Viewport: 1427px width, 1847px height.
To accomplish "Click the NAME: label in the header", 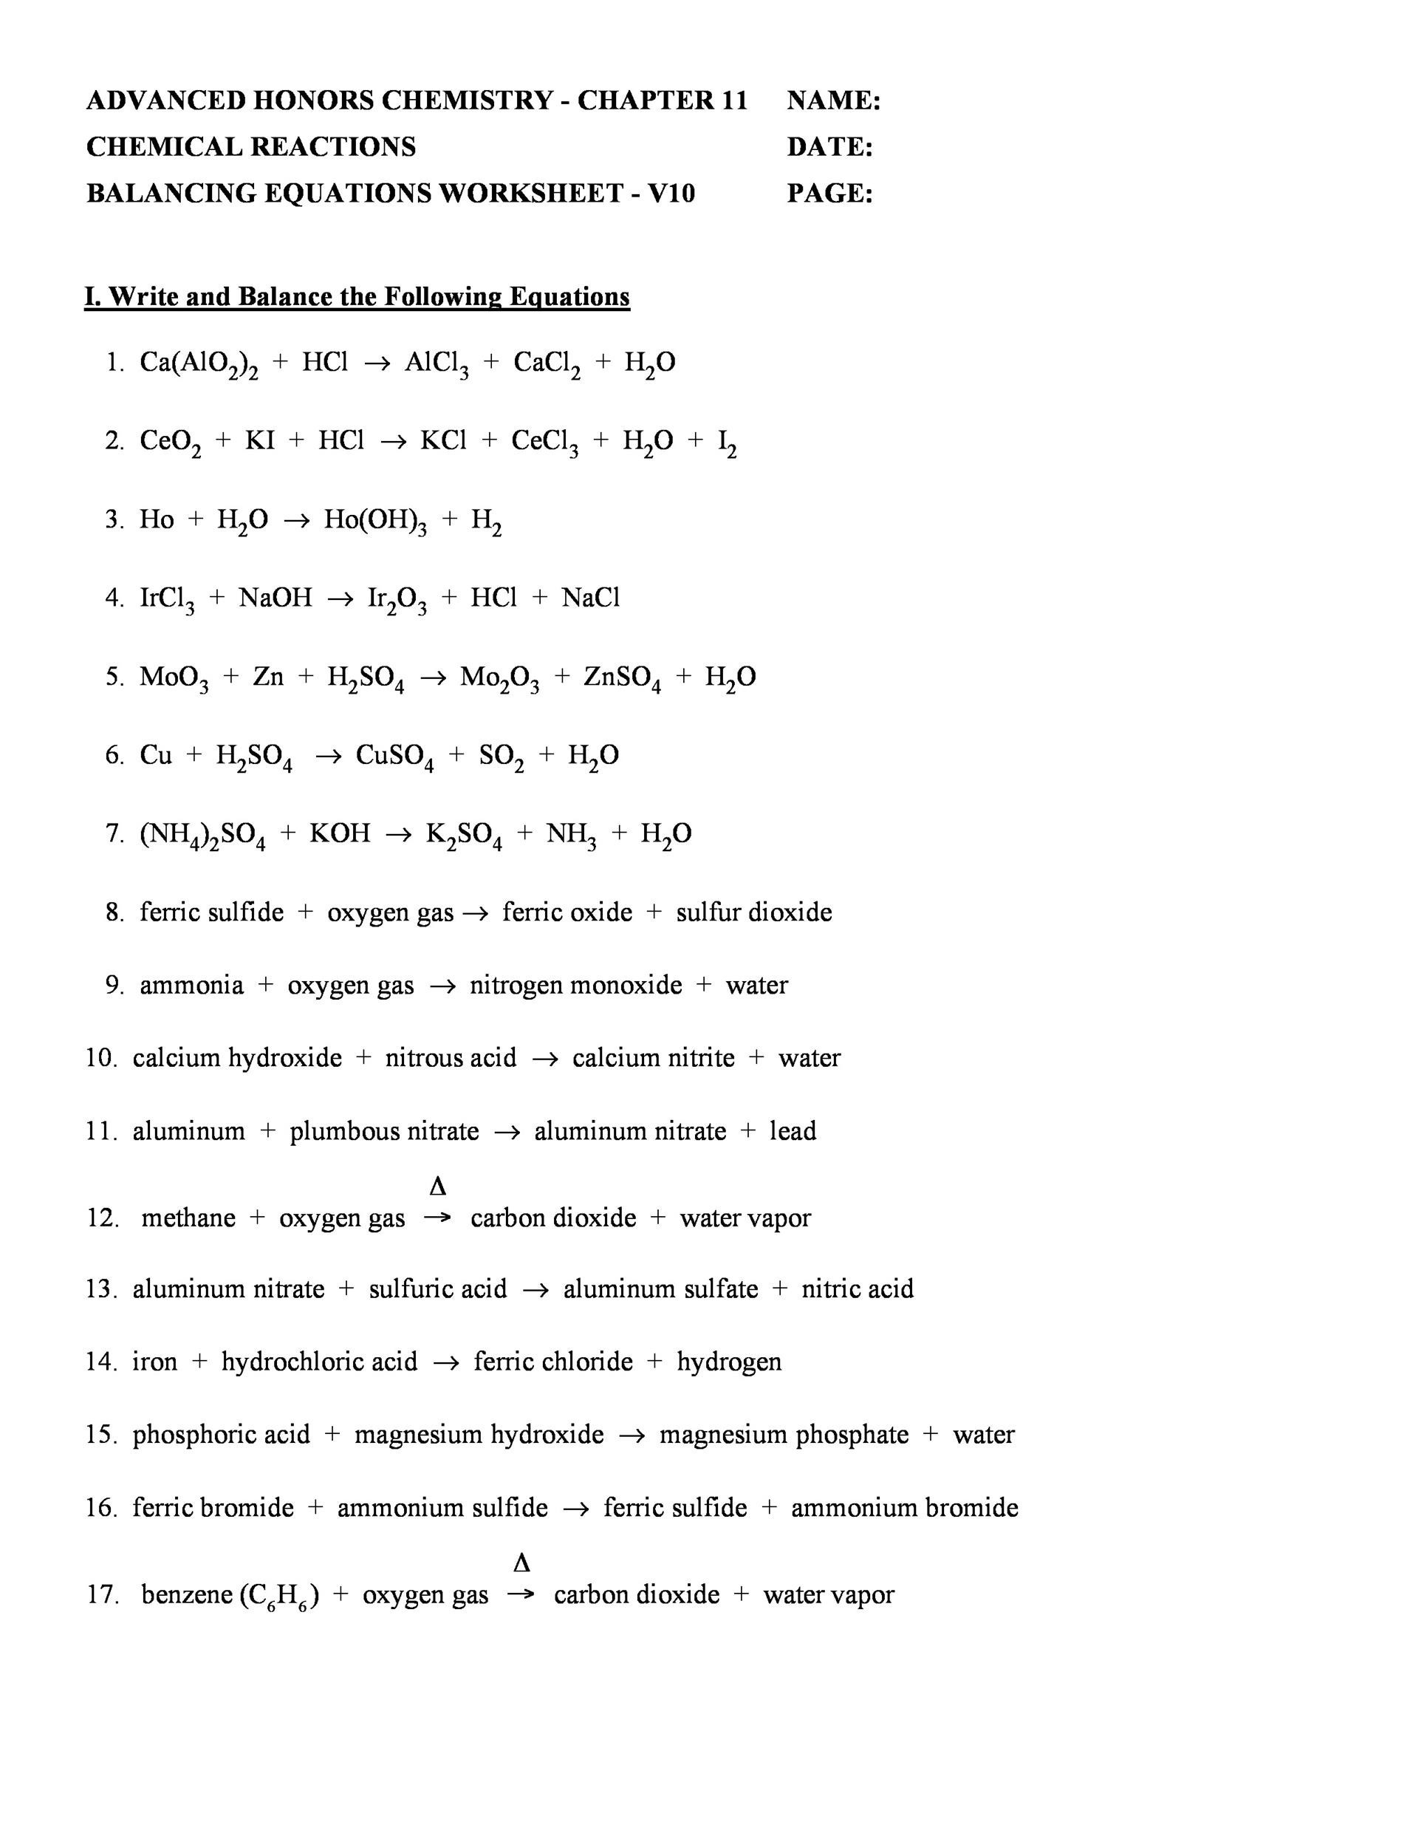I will point(834,100).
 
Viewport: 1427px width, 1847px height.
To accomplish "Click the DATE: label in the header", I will point(829,147).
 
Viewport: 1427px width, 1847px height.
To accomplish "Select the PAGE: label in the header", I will point(829,194).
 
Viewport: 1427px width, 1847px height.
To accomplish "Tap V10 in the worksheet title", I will point(671,194).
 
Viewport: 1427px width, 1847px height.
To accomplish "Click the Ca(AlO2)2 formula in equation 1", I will point(199,363).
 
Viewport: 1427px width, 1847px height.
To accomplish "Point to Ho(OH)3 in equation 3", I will point(375,521).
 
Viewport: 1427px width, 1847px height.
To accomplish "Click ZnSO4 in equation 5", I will point(622,678).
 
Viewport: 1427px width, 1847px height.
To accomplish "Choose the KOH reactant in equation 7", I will point(340,835).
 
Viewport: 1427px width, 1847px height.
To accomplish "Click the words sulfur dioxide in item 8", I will point(753,912).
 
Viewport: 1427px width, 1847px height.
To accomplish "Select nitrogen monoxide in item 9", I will point(575,986).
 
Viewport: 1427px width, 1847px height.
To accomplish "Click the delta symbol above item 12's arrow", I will point(437,1187).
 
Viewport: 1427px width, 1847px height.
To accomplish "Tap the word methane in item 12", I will point(188,1218).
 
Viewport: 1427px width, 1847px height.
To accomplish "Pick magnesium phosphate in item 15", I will point(784,1434).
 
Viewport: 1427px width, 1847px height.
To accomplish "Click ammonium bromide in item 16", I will point(905,1508).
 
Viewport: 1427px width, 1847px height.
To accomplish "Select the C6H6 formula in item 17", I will point(280,1596).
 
